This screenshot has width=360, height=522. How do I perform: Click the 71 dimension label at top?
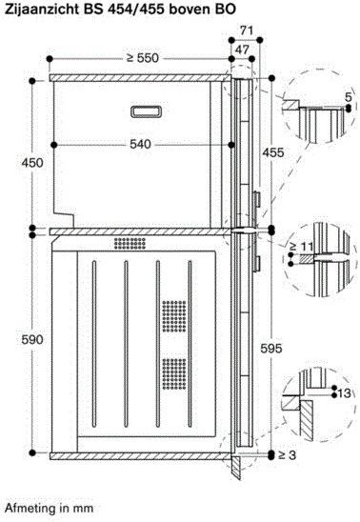(247, 30)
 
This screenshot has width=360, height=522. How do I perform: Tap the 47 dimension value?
(242, 50)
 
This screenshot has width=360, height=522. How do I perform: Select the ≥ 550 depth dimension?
(143, 58)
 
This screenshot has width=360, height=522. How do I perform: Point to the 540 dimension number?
(140, 144)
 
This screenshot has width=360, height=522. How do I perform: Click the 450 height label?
(32, 163)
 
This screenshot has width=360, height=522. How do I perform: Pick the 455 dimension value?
(273, 152)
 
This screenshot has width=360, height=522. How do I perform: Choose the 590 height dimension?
(32, 339)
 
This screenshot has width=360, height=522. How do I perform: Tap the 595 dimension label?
(271, 349)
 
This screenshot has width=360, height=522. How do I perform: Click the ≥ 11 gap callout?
(301, 247)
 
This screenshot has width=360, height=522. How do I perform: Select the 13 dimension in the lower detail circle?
(345, 393)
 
